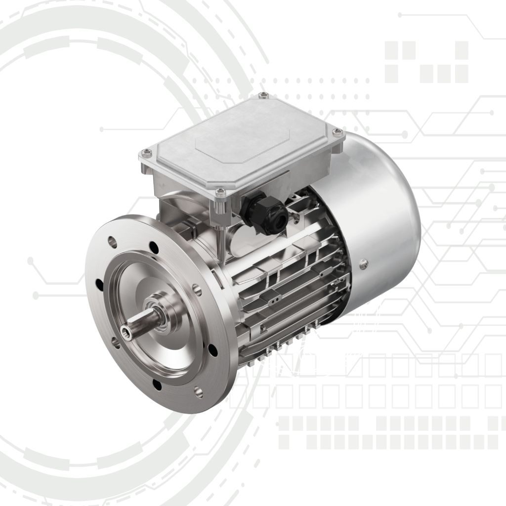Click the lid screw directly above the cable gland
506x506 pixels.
tap(220, 191)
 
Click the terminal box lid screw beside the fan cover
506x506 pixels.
tap(337, 132)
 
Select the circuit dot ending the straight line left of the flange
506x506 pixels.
tap(36, 295)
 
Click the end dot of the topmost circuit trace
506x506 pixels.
tap(400, 15)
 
